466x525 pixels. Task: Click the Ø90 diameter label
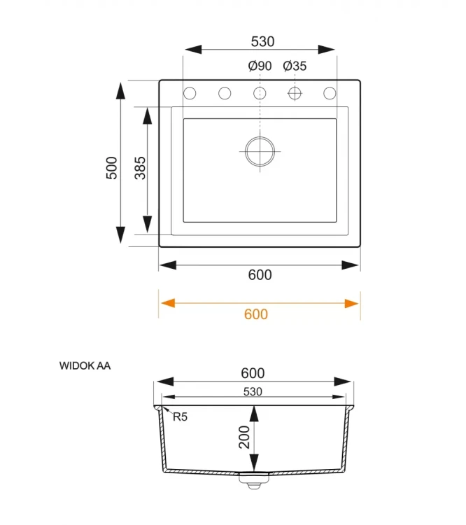pos(260,66)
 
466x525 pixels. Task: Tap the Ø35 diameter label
pos(295,66)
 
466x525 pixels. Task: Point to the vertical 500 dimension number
pos(111,168)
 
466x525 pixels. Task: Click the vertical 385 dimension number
pos(140,168)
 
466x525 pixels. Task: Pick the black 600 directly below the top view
pos(260,275)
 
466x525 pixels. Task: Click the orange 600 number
pos(256,314)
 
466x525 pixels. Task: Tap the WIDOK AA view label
pos(85,365)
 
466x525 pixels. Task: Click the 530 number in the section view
pos(253,392)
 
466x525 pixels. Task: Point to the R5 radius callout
pos(180,417)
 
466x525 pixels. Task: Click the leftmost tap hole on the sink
pos(190,93)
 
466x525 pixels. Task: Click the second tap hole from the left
pos(225,93)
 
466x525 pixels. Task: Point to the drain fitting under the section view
pos(253,479)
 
